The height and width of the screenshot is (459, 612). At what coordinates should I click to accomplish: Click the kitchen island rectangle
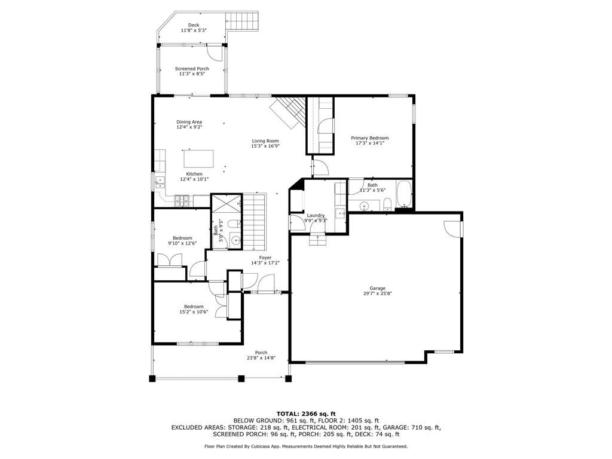(198, 158)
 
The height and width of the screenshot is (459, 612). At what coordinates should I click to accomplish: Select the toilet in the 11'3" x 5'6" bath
(387, 204)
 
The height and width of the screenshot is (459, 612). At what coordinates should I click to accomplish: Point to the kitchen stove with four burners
(182, 200)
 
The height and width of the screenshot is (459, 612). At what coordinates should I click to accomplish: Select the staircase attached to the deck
(242, 23)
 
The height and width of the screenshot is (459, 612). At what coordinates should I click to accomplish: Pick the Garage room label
(377, 287)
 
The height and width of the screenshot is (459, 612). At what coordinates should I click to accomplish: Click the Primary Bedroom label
(369, 138)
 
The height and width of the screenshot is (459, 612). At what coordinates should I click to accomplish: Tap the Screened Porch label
(192, 69)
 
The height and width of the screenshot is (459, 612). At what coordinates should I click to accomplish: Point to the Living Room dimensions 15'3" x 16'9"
(265, 146)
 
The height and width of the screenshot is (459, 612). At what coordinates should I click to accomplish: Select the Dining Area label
(189, 122)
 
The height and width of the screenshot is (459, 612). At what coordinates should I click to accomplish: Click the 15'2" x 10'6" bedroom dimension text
(193, 312)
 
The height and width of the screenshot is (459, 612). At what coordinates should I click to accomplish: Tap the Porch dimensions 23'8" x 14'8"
(261, 358)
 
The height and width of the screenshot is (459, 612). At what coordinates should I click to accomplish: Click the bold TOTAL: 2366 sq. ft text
(305, 414)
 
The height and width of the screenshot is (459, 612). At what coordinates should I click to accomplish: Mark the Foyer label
(265, 258)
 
